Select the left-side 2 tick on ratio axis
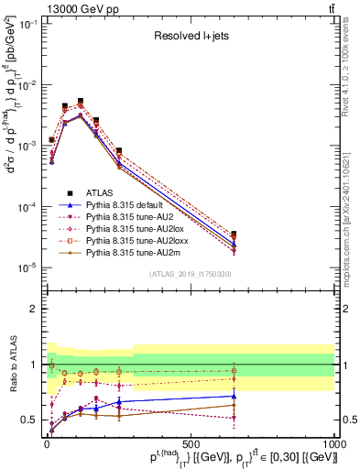34,309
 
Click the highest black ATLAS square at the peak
81,101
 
